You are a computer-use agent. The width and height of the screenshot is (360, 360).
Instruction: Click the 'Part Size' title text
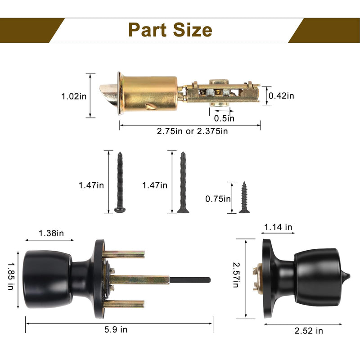[x=170, y=30]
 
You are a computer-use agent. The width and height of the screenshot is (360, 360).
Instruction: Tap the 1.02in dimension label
[x=74, y=96]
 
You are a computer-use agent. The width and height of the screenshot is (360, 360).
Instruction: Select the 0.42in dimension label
[x=281, y=96]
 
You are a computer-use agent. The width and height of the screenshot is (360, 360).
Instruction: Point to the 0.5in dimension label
[x=224, y=118]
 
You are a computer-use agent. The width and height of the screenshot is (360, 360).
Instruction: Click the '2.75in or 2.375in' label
[x=193, y=131]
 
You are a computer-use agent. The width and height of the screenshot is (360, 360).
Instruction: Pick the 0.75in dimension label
[x=218, y=199]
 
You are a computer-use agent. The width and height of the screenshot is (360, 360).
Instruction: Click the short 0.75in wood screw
[x=244, y=198]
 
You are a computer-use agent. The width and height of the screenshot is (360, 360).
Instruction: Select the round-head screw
[x=120, y=182]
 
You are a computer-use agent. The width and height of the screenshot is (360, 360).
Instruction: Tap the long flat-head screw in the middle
[x=183, y=183]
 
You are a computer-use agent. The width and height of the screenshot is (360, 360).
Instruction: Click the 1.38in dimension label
[x=51, y=233]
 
